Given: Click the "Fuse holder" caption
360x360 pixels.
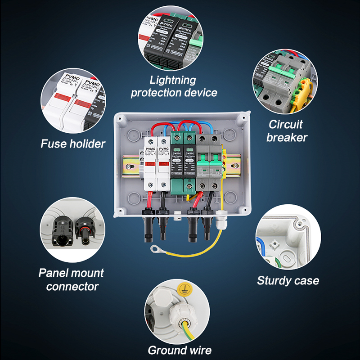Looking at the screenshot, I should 73,144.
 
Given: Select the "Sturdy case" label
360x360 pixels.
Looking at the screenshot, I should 288,281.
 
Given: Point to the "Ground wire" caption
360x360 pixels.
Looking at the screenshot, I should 180,350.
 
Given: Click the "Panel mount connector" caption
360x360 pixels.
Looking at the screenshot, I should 71,279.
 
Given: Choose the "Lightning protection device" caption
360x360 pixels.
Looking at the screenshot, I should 174,86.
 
